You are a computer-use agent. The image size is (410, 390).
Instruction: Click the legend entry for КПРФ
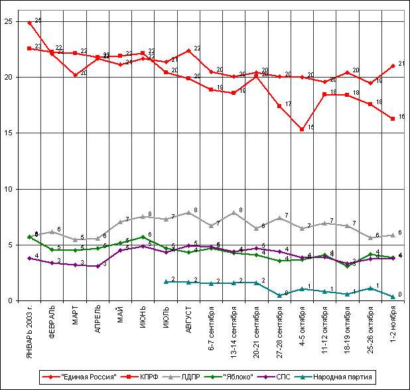(147, 376)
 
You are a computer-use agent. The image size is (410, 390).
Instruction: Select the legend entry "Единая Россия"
(92, 376)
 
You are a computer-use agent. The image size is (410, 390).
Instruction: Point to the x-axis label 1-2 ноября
(393, 325)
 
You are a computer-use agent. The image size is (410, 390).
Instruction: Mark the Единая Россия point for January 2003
(29, 23)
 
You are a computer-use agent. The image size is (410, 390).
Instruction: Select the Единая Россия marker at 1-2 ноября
(393, 66)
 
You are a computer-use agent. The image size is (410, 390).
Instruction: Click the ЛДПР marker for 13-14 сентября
(234, 213)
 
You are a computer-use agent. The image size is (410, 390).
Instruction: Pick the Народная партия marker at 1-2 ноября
(393, 296)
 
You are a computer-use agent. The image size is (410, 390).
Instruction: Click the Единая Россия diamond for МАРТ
(75, 75)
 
